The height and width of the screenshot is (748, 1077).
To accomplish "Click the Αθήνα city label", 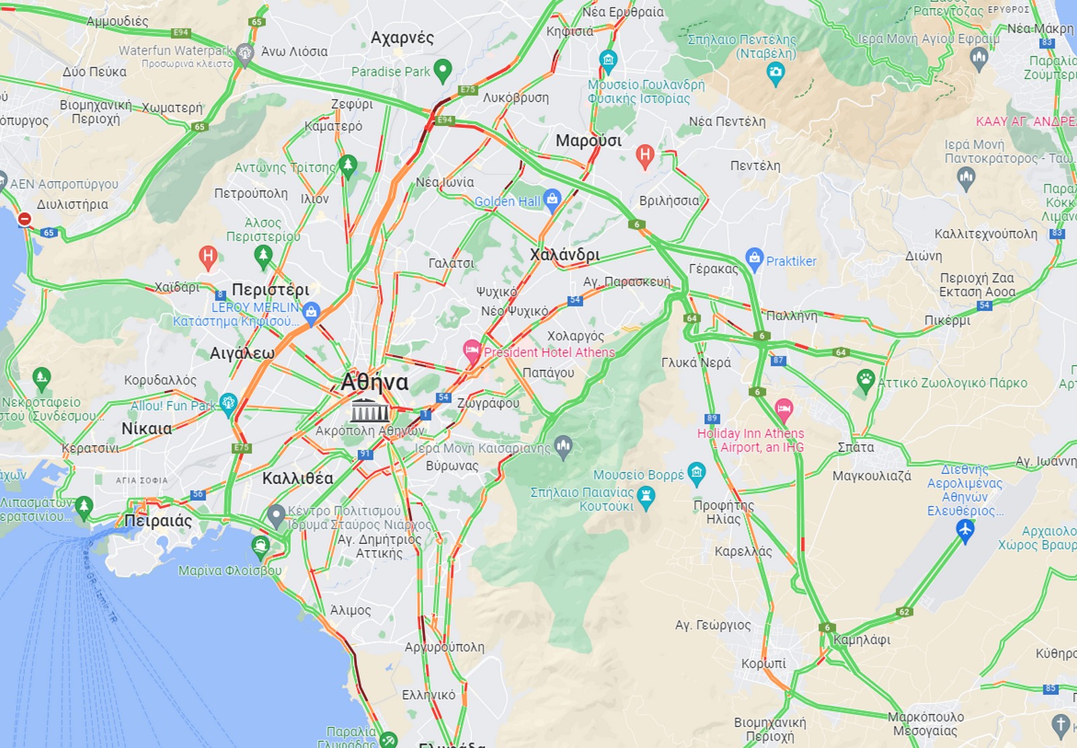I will click(374, 382).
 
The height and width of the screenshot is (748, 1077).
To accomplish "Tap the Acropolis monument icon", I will click(370, 409).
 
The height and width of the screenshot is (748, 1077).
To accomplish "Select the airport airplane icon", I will click(965, 531).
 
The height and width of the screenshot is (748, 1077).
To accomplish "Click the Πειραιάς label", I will click(158, 520).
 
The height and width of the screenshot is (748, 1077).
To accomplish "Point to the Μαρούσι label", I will click(588, 141).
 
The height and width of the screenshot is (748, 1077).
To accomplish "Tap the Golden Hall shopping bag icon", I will click(552, 199).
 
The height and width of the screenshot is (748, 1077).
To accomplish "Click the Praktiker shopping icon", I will click(755, 259).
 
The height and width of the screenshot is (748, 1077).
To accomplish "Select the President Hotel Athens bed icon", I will click(473, 351).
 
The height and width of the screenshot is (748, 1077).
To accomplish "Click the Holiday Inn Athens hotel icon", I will click(784, 408).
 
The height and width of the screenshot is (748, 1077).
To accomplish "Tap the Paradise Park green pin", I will click(442, 70).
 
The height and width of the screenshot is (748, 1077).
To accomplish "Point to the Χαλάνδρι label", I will click(564, 254).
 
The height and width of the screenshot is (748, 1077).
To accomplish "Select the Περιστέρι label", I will click(271, 290).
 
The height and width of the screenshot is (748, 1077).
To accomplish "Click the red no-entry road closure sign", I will click(24, 219).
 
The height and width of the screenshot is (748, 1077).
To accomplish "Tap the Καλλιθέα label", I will click(298, 478).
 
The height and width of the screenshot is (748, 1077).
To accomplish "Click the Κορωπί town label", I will click(763, 663).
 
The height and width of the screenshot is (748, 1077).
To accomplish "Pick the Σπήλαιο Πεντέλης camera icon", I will click(775, 73).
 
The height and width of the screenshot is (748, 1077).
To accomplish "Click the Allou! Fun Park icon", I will click(228, 403).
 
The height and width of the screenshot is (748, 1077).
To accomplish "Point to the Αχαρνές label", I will click(402, 38).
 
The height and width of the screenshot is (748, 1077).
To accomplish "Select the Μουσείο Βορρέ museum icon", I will click(697, 473).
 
